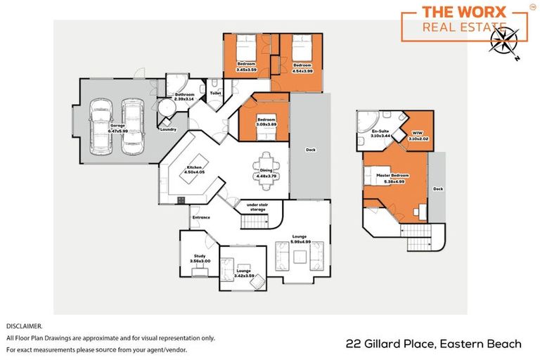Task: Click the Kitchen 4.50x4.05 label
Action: pyautogui.click(x=193, y=169)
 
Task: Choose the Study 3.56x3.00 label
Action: pyautogui.click(x=200, y=258)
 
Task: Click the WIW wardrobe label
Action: pyautogui.click(x=418, y=136)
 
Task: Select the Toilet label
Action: pyautogui.click(x=215, y=92)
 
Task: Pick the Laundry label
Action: pyautogui.click(x=168, y=129)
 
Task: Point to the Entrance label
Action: pyautogui.click(x=201, y=217)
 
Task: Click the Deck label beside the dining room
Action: pyautogui.click(x=309, y=150)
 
